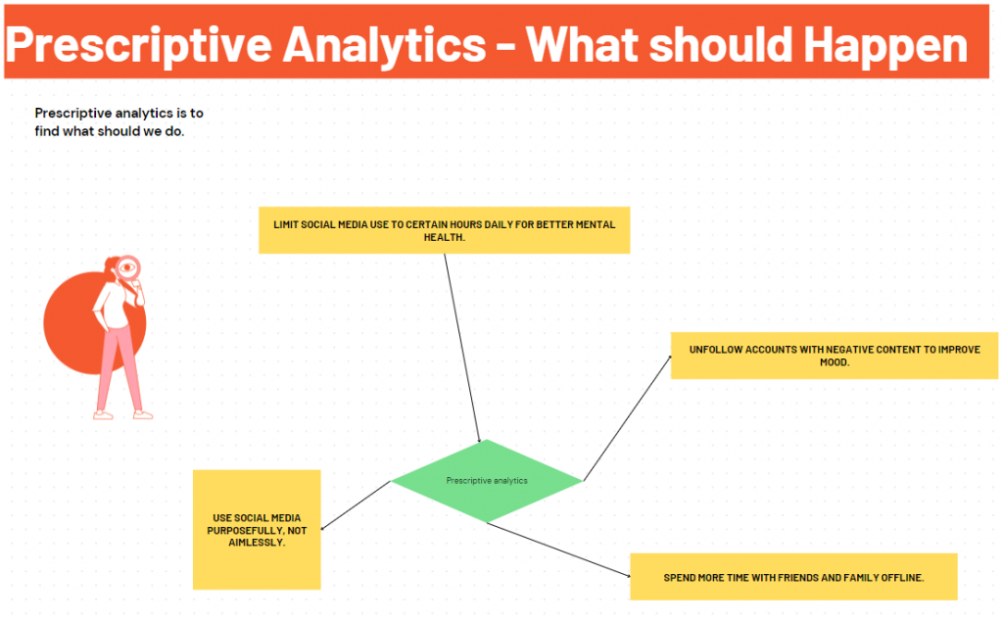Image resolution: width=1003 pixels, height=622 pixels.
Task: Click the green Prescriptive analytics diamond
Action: (486, 481)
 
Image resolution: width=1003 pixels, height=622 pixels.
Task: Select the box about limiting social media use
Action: (444, 230)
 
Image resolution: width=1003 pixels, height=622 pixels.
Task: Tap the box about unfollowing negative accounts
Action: (835, 356)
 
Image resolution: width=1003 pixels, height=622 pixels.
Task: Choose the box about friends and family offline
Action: (793, 577)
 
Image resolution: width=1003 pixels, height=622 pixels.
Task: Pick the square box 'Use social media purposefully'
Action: (257, 530)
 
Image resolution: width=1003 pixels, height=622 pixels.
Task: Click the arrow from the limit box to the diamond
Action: (462, 348)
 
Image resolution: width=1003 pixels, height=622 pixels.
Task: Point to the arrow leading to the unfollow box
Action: (627, 418)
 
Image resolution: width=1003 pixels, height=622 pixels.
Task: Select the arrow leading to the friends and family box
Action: (558, 550)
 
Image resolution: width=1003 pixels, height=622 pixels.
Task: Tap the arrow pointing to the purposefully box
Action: (355, 505)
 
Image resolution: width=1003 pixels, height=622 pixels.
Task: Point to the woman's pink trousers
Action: (119, 368)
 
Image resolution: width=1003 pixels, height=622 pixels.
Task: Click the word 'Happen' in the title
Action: (885, 46)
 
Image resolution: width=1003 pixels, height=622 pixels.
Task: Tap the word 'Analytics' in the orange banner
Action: (384, 46)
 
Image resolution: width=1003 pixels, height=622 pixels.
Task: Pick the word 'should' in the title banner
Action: (722, 45)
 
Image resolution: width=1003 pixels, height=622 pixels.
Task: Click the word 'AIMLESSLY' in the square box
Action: (257, 543)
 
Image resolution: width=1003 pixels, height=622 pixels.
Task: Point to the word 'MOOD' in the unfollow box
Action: (835, 362)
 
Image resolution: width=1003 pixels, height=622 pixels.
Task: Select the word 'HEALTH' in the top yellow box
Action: (444, 237)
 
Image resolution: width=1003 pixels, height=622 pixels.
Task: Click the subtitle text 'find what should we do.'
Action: (110, 131)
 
